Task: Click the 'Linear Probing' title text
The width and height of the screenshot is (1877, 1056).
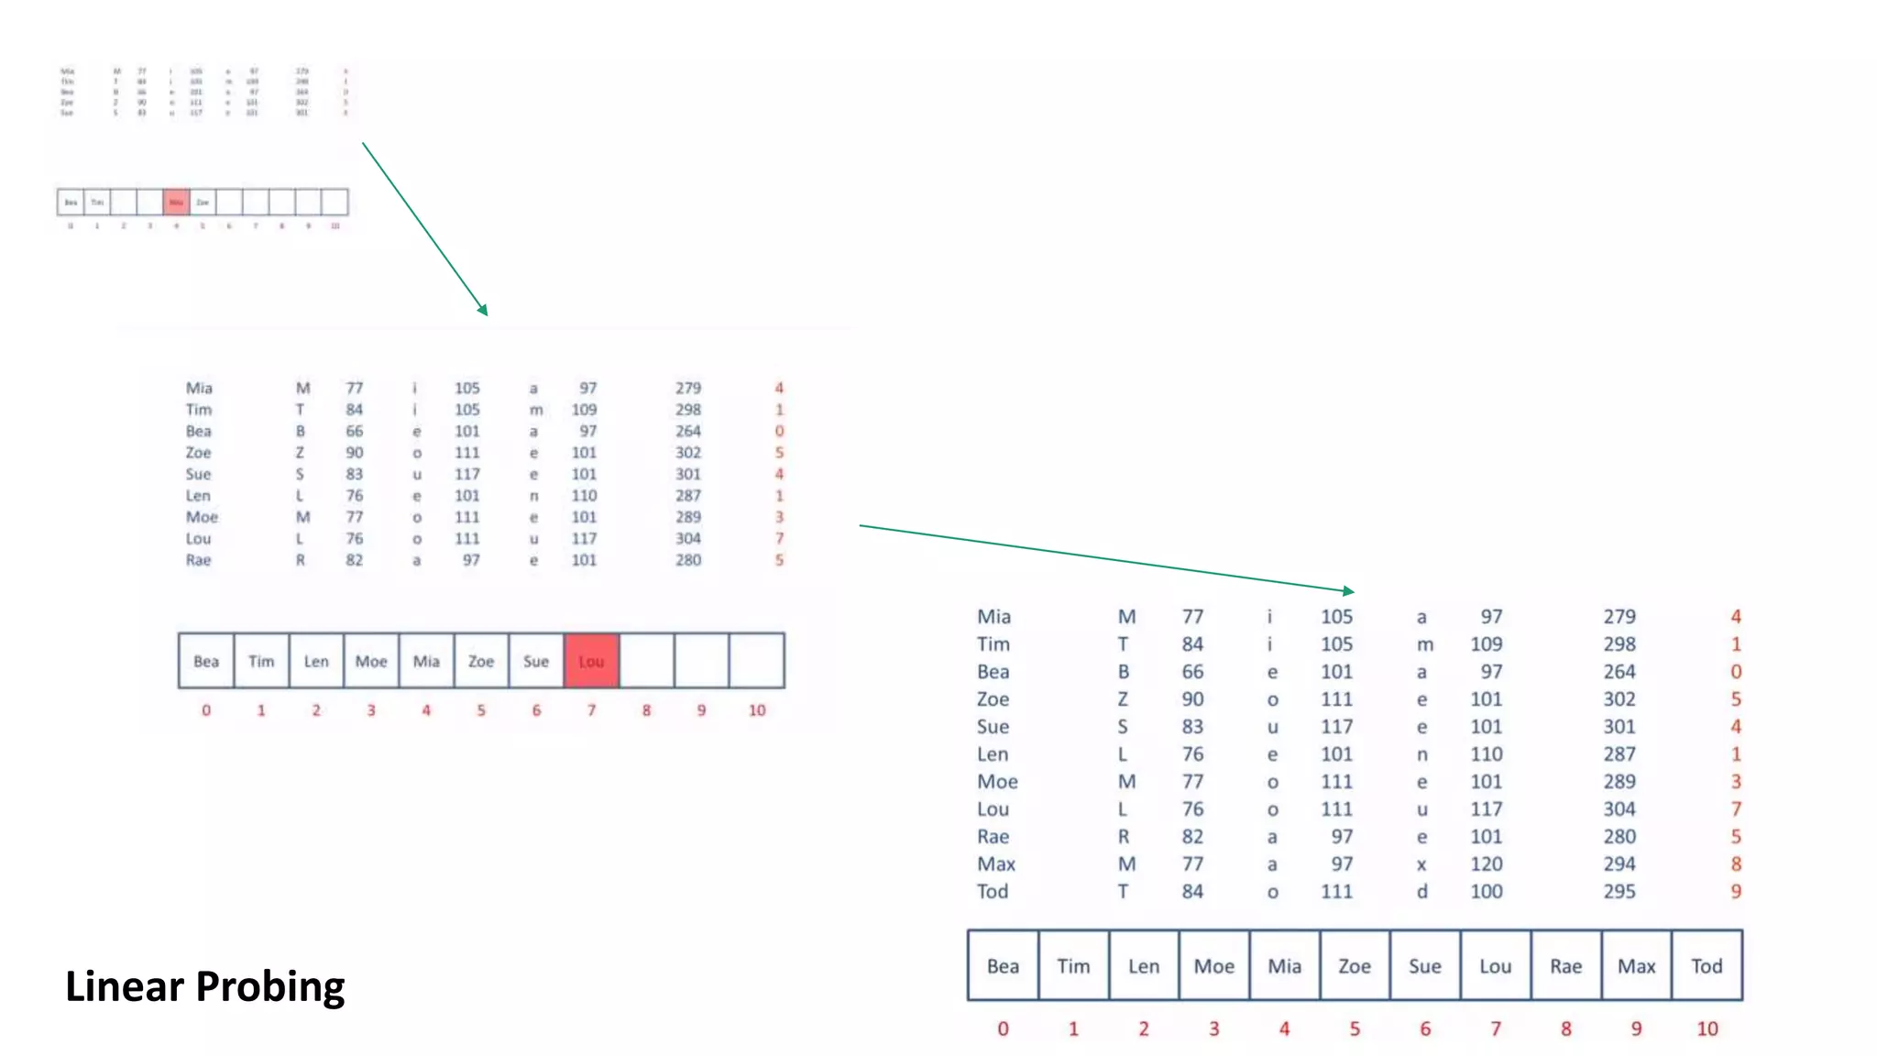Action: click(204, 986)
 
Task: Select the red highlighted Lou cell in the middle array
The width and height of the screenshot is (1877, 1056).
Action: click(591, 661)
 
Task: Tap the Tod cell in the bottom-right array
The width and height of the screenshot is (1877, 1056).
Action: click(1707, 966)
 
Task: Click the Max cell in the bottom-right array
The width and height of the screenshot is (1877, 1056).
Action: click(1636, 966)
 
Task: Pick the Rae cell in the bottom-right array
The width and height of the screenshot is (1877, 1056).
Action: click(1565, 966)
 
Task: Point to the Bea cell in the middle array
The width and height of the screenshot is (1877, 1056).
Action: click(206, 661)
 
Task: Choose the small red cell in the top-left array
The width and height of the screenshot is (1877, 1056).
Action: click(176, 202)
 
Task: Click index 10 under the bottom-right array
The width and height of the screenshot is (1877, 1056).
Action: click(1707, 1028)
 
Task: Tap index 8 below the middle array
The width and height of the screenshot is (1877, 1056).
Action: click(646, 710)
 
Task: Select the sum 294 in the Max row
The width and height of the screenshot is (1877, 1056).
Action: click(1619, 863)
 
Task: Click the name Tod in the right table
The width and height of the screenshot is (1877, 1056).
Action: click(993, 891)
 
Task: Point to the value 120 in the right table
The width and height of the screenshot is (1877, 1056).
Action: click(1486, 863)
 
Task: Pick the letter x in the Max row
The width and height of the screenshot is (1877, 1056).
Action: click(1421, 863)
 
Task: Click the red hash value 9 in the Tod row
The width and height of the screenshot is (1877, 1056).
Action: click(1735, 891)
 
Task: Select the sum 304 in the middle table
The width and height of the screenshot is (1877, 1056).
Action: click(687, 539)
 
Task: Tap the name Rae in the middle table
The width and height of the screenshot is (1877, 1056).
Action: click(198, 560)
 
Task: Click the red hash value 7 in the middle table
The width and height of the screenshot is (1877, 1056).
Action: click(779, 539)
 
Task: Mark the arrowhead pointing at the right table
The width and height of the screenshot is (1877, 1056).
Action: click(1349, 591)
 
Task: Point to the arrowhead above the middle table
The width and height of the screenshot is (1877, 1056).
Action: click(484, 311)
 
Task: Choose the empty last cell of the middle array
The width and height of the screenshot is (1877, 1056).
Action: click(756, 661)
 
